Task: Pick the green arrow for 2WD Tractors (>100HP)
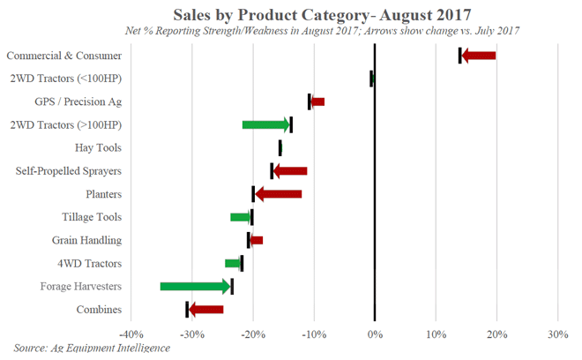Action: tap(265, 124)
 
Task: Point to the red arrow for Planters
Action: tap(278, 193)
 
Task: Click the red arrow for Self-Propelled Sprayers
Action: tap(290, 170)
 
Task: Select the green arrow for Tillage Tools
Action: tap(241, 217)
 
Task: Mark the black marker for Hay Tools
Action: tap(280, 147)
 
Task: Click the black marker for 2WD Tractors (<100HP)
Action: tap(371, 79)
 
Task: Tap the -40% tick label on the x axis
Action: tap(131, 335)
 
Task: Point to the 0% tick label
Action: tap(375, 335)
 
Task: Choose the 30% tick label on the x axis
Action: tap(557, 335)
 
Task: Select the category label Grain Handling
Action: tap(86, 240)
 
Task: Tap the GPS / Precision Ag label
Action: tap(78, 101)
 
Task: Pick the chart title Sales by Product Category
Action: tap(322, 14)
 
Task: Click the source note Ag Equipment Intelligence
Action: tap(92, 349)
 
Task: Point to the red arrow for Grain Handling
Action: tap(256, 240)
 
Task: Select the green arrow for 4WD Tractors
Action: tap(233, 263)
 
